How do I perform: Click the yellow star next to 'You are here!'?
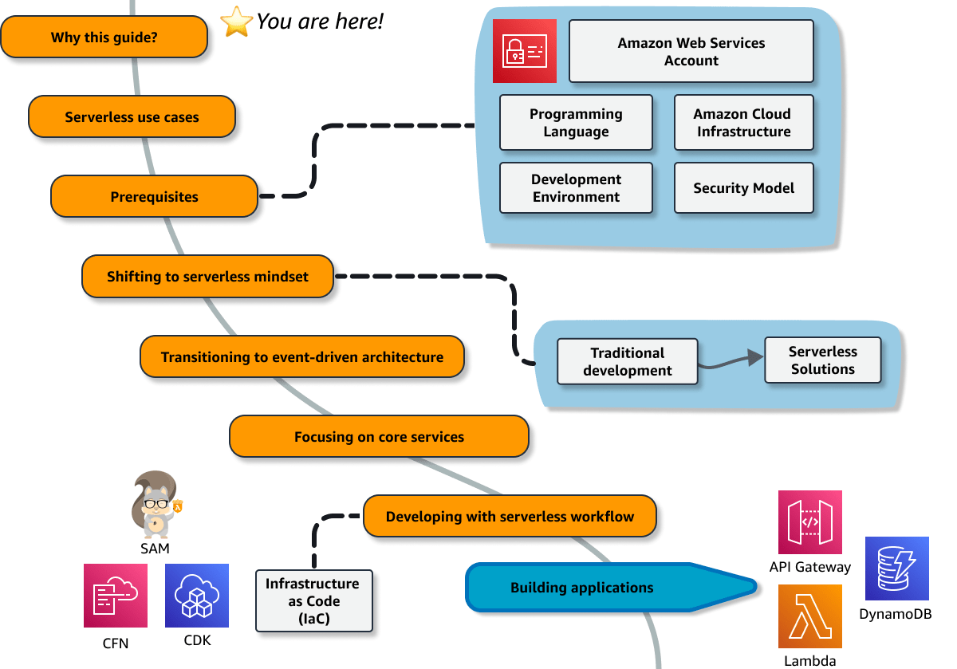pyautogui.click(x=237, y=22)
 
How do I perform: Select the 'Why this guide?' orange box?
pyautogui.click(x=104, y=37)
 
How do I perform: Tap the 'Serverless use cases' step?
pyautogui.click(x=132, y=117)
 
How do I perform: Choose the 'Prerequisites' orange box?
pyautogui.click(x=155, y=197)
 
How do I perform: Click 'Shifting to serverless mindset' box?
pyautogui.click(x=207, y=277)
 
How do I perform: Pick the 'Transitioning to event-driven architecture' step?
pyautogui.click(x=302, y=356)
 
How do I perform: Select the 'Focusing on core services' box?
pyautogui.click(x=379, y=436)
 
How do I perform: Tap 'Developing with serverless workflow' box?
pyautogui.click(x=510, y=516)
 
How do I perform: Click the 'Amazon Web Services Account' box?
pyautogui.click(x=691, y=52)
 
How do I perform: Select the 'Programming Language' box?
pyautogui.click(x=576, y=123)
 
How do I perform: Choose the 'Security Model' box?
pyautogui.click(x=743, y=188)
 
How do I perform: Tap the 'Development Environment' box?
pyautogui.click(x=576, y=188)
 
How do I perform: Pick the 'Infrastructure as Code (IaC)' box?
pyautogui.click(x=314, y=600)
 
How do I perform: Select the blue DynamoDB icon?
pyautogui.click(x=897, y=569)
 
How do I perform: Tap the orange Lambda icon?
pyautogui.click(x=809, y=616)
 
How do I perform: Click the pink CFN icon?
pyautogui.click(x=116, y=596)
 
